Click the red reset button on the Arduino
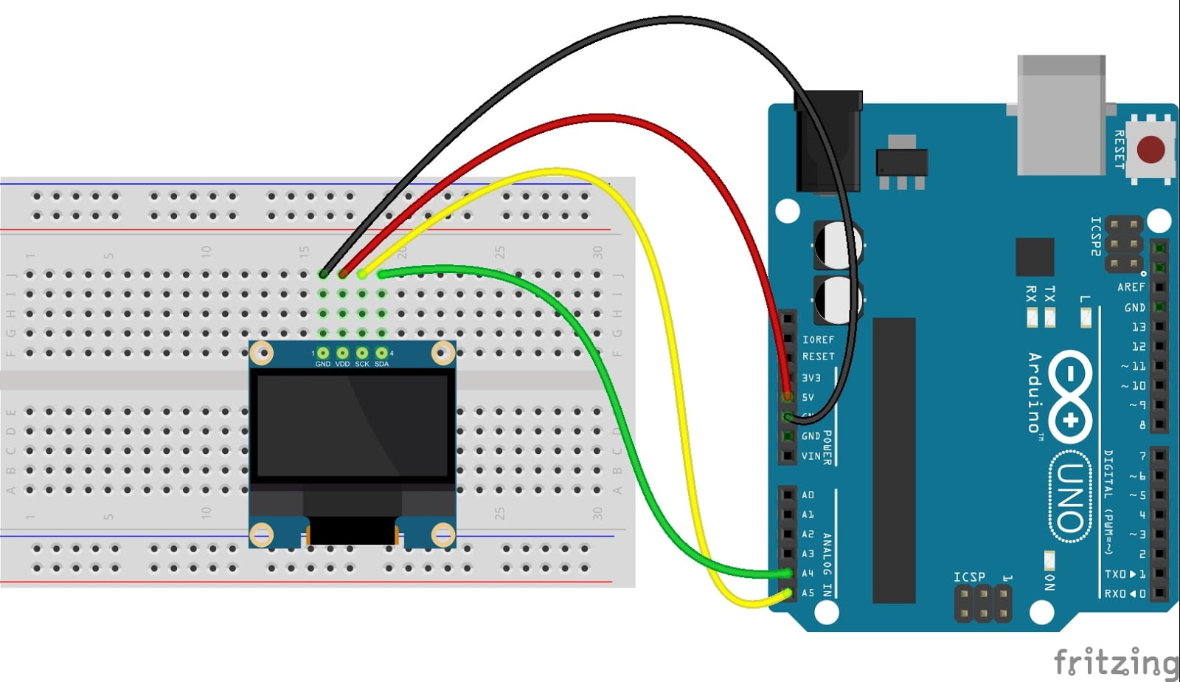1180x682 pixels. tap(1150, 149)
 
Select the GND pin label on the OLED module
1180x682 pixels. tap(322, 364)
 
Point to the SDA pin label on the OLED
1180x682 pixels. tap(381, 364)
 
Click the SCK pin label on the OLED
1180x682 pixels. tap(362, 364)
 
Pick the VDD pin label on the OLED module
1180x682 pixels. tap(342, 364)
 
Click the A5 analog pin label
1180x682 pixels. tap(808, 593)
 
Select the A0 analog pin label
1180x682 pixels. tap(808, 495)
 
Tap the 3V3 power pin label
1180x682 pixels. tap(811, 378)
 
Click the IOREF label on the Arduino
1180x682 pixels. tap(818, 340)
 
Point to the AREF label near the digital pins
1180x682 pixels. tap(1131, 287)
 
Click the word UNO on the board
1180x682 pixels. tap(1070, 498)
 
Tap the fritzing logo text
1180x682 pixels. tap(1114, 661)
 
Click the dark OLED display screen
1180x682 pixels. tap(352, 424)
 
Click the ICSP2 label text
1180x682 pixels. tap(1097, 236)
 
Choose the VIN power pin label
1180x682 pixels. tap(811, 456)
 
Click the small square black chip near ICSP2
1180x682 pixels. tap(1035, 257)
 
